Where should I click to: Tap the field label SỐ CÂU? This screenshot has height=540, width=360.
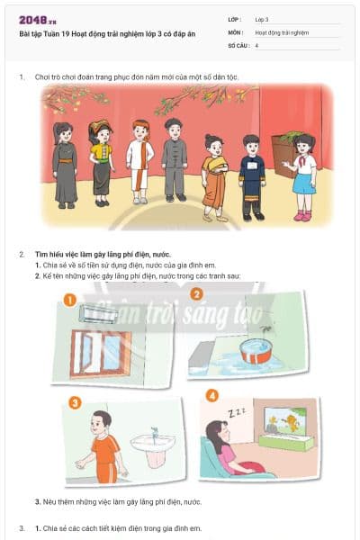click(238, 44)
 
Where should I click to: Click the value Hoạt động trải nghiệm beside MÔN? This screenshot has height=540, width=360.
click(282, 31)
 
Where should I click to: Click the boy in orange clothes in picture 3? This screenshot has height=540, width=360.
click(104, 446)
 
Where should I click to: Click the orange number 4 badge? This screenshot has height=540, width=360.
click(211, 395)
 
